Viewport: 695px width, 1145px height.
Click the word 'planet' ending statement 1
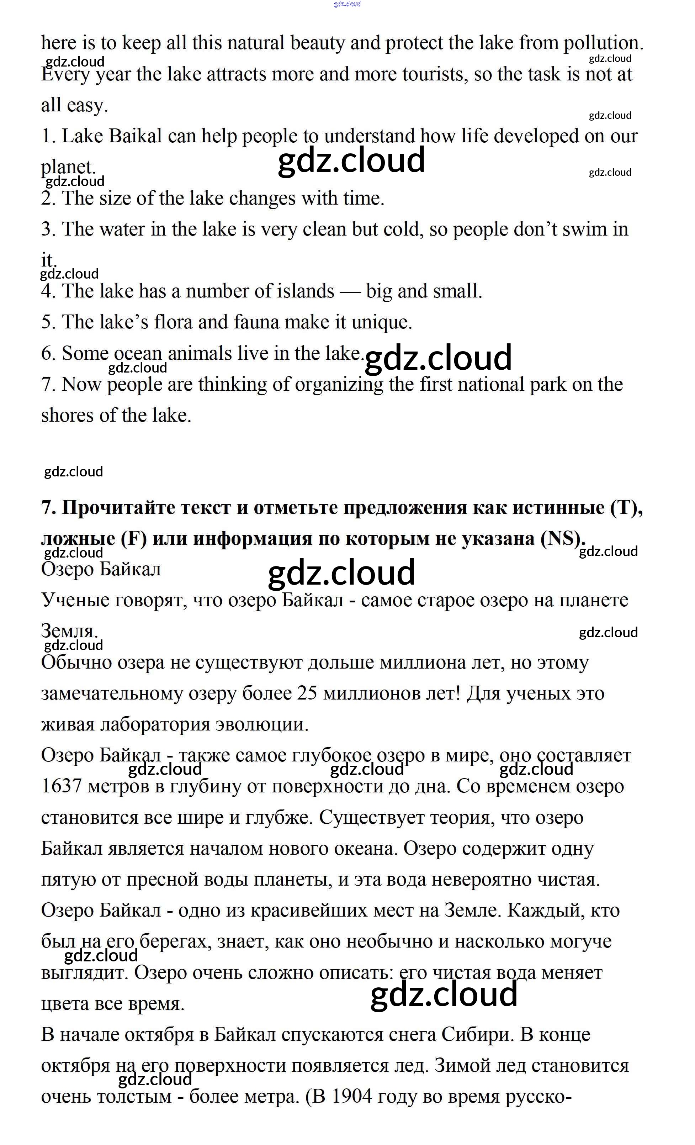tap(67, 167)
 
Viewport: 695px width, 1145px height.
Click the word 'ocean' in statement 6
tap(138, 354)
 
